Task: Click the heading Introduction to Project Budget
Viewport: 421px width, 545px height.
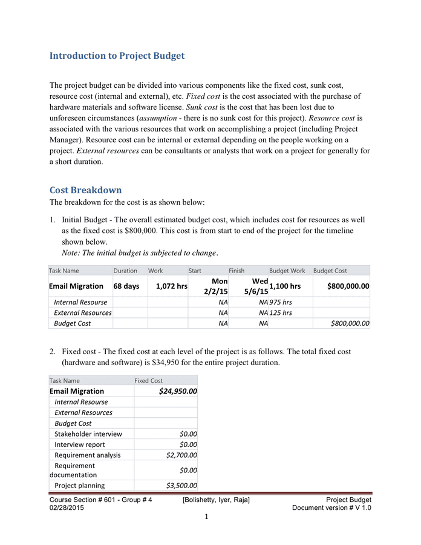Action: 117,56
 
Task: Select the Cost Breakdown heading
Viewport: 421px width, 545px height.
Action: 85,190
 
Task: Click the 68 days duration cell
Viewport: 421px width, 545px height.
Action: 127,286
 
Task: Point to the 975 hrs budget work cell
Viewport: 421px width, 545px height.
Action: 281,302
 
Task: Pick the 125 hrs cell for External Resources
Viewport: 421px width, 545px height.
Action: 281,312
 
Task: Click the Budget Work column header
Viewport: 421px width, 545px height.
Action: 287,271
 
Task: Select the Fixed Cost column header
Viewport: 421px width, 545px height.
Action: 148,380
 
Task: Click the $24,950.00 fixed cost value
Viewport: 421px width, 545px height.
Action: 178,391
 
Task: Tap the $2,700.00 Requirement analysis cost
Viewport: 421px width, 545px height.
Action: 181,455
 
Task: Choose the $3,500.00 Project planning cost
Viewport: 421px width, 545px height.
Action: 181,485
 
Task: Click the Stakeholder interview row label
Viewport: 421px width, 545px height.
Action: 88,434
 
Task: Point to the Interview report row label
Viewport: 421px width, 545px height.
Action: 80,444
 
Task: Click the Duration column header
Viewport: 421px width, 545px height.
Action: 125,271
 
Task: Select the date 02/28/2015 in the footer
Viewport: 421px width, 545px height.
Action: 67,508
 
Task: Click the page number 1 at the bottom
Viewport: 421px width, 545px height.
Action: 206,517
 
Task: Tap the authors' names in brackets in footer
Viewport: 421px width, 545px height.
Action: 216,500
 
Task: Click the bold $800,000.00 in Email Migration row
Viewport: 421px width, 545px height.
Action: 348,286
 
